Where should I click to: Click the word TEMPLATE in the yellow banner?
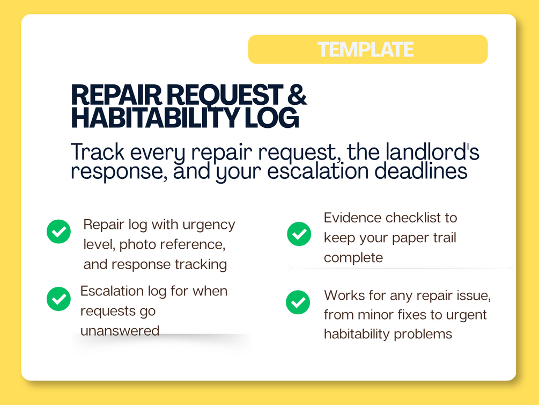click(x=365, y=49)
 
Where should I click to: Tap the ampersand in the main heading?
click(x=297, y=95)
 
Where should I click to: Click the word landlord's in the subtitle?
click(x=432, y=152)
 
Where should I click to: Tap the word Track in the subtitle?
click(x=98, y=152)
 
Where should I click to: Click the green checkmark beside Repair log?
click(x=59, y=232)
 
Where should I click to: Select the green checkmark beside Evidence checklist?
click(x=299, y=234)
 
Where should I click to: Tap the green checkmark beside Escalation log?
click(x=59, y=299)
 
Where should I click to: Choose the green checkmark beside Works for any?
click(x=298, y=302)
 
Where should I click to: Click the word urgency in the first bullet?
click(x=209, y=225)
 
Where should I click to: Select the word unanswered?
click(x=120, y=331)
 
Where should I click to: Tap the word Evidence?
click(x=352, y=218)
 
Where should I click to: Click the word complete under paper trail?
click(x=353, y=258)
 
